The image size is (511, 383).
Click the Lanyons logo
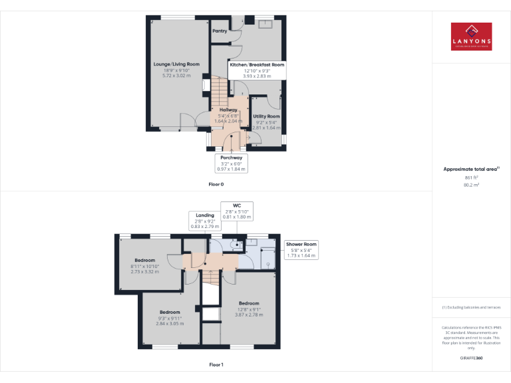click(x=471, y=37)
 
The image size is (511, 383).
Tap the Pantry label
click(x=220, y=31)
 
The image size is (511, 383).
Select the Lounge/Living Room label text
click(x=176, y=64)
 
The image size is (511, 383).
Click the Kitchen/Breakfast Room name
click(x=257, y=65)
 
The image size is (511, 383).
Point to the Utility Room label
click(x=267, y=116)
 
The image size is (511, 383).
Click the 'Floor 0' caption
click(x=216, y=184)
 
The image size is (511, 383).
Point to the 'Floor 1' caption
click(x=216, y=364)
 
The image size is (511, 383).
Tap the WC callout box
click(x=236, y=211)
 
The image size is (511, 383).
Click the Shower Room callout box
click(x=301, y=249)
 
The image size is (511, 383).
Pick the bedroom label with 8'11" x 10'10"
click(x=144, y=260)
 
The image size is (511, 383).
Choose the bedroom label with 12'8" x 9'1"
click(x=249, y=303)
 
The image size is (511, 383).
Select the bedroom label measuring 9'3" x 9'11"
click(x=170, y=313)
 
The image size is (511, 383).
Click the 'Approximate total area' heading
click(x=470, y=170)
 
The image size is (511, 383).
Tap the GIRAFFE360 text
click(x=470, y=358)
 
